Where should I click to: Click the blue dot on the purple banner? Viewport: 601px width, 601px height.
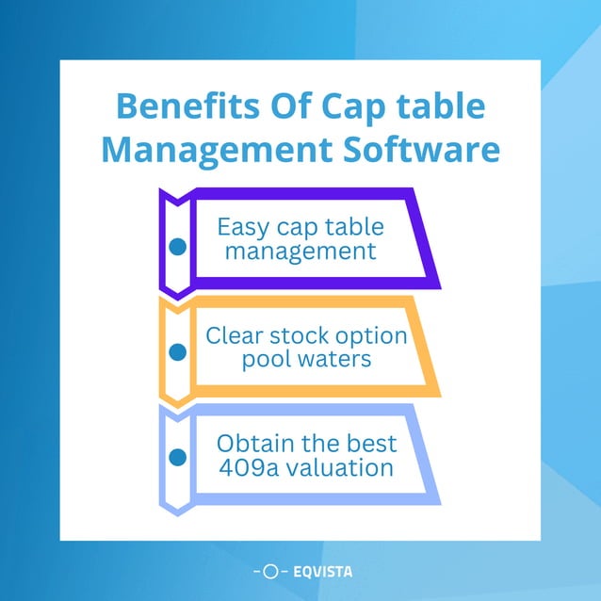pos(176,247)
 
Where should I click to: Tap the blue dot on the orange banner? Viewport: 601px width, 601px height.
pos(176,353)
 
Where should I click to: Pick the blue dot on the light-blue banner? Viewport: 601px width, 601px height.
pos(176,458)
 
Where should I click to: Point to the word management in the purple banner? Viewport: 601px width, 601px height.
pos(300,252)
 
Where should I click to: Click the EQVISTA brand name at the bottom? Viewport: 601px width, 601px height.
pos(323,571)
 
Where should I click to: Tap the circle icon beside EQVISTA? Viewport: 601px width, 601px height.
pos(269,571)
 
